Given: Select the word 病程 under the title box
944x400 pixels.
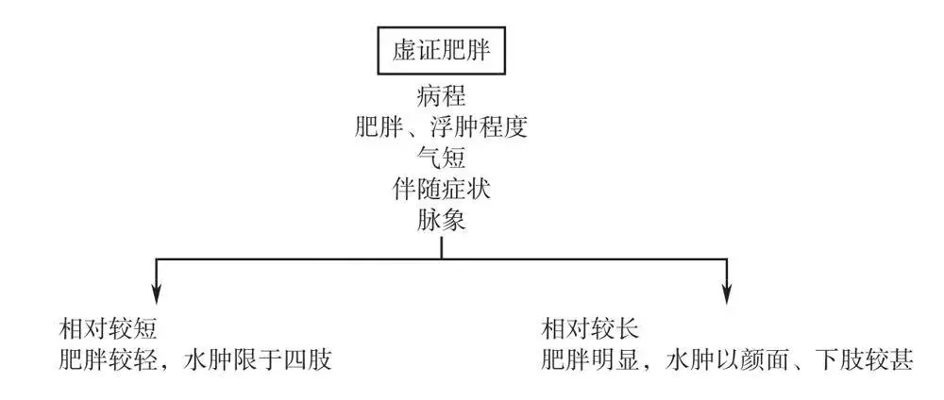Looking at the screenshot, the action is [441, 97].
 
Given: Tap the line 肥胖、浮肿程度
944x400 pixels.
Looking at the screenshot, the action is [441, 126].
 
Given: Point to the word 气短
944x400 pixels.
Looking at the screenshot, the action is [441, 157].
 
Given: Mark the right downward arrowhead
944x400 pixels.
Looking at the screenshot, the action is [727, 293].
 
